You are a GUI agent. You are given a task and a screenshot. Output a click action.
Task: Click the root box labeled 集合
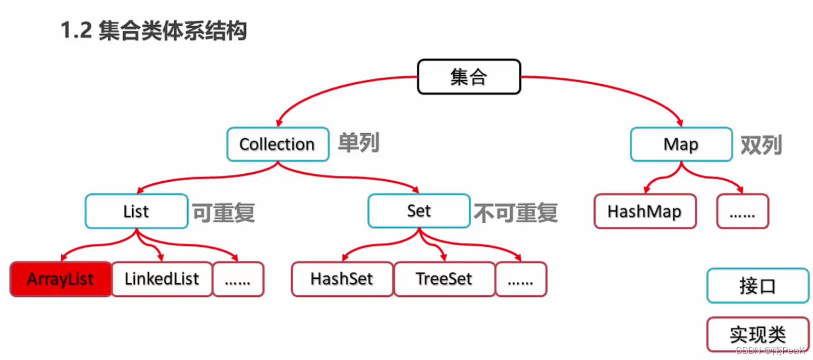469,77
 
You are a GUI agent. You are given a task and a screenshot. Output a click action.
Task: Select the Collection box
278,144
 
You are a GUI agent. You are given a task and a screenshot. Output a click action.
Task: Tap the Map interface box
681,144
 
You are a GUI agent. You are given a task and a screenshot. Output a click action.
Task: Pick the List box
136,211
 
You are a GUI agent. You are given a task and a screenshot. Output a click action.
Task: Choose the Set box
419,211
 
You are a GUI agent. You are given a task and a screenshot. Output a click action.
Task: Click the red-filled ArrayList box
61,279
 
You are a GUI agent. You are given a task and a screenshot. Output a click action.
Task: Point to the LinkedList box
161,279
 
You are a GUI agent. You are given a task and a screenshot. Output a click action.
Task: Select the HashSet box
342,279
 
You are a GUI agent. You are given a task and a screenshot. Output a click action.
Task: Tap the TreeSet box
444,279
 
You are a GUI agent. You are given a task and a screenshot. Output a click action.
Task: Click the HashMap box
644,211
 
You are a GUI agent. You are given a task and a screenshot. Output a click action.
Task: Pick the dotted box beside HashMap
742,211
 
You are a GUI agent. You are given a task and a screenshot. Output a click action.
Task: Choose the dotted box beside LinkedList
238,279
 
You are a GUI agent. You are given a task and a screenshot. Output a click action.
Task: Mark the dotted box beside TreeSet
521,279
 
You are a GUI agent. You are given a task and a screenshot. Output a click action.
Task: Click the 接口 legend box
757,286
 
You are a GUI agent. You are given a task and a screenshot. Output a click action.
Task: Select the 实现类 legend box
757,334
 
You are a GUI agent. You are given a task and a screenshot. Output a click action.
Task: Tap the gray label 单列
358,143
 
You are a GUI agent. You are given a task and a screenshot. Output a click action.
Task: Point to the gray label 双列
761,145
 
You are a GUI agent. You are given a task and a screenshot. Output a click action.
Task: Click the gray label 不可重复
515,213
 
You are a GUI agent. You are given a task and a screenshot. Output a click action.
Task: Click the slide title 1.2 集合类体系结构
153,30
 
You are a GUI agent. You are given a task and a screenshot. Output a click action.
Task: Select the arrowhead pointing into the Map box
680,123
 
